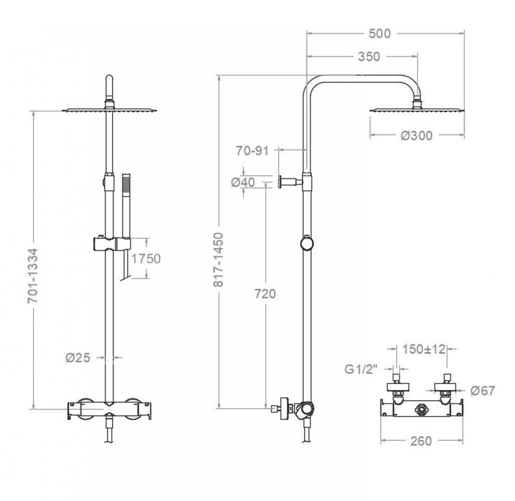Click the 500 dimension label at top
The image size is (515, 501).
(379, 34)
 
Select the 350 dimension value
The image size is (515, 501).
(369, 57)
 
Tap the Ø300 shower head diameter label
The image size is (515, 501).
(416, 135)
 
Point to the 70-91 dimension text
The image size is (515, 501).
(253, 150)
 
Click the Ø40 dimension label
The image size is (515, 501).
(243, 182)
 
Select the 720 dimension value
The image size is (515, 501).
(265, 294)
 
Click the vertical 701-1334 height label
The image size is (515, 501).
(33, 276)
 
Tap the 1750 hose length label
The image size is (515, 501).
(146, 259)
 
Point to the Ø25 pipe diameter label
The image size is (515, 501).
(78, 358)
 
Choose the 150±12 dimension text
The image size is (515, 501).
(424, 349)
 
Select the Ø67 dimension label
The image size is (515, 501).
(482, 391)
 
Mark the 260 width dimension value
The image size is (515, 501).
(421, 441)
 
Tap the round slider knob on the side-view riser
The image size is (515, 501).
(307, 243)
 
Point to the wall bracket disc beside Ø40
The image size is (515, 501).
(281, 181)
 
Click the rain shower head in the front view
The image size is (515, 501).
(110, 110)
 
